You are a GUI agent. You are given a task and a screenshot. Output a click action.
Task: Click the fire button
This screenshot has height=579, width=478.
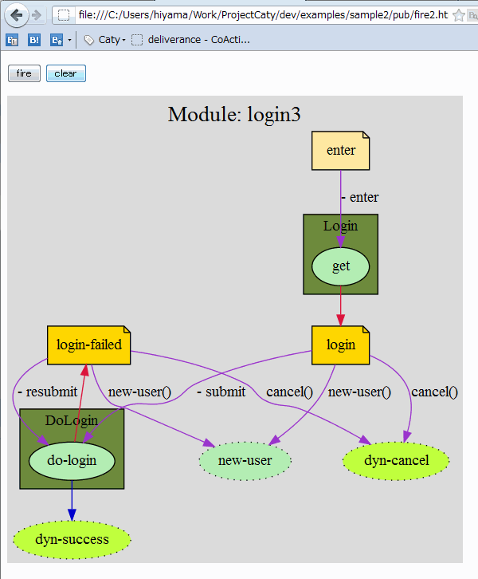pyautogui.click(x=24, y=73)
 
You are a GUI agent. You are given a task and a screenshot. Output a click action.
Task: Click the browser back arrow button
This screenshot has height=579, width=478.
pyautogui.click(x=16, y=14)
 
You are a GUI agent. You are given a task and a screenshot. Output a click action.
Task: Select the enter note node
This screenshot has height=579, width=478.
pyautogui.click(x=340, y=150)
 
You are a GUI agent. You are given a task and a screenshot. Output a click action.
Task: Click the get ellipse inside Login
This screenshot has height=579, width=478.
pyautogui.click(x=340, y=266)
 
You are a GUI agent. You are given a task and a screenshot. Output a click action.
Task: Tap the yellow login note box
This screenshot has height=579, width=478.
pyautogui.click(x=340, y=345)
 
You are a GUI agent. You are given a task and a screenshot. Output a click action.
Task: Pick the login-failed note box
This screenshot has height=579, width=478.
pyautogui.click(x=88, y=345)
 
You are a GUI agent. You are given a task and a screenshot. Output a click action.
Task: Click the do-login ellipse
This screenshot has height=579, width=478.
pyautogui.click(x=72, y=460)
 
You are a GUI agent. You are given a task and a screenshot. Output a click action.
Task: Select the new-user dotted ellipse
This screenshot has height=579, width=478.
pyautogui.click(x=245, y=460)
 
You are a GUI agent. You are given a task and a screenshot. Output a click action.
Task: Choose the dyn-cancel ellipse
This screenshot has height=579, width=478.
pyautogui.click(x=396, y=460)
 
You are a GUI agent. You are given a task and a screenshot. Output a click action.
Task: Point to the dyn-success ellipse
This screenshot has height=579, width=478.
pyautogui.click(x=72, y=539)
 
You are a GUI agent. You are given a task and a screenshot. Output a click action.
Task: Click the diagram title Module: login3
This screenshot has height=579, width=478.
pyautogui.click(x=234, y=115)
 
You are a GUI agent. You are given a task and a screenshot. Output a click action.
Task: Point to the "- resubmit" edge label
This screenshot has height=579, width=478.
pyautogui.click(x=47, y=392)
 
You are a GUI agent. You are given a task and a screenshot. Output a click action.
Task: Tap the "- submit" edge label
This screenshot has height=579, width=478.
pyautogui.click(x=221, y=392)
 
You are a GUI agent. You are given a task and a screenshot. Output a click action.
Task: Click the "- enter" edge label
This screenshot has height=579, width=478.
pyautogui.click(x=359, y=197)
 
